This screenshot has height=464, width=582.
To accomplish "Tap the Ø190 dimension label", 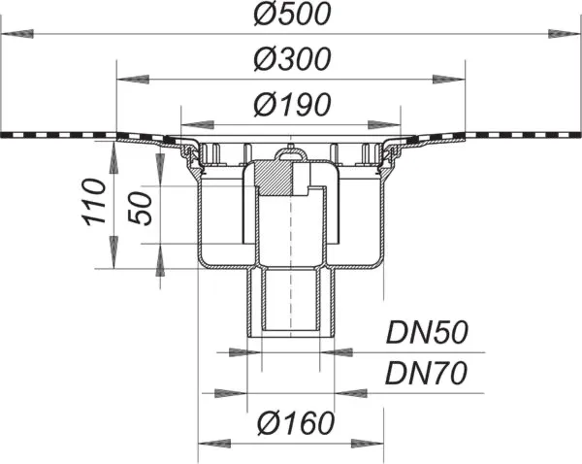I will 291,105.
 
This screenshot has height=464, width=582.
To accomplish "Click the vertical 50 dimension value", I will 142,206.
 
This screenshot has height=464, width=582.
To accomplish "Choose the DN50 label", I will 428,334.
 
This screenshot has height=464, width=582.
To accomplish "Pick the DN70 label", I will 428,373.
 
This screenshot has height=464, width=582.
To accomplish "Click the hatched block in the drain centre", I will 282,177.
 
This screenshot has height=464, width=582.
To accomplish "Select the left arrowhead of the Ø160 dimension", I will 214,444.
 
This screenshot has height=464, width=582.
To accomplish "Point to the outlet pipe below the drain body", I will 291,301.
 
